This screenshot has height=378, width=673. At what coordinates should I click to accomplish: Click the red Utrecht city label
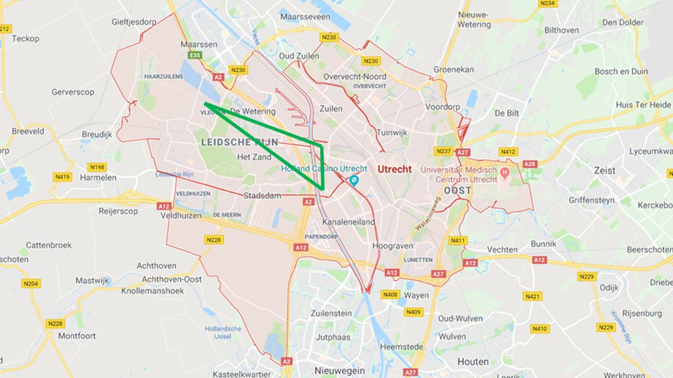394,169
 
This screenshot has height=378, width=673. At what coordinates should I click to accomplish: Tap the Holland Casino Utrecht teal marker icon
355,180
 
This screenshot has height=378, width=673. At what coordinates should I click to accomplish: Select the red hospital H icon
504,173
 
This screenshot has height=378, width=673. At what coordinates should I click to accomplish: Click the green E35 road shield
195,55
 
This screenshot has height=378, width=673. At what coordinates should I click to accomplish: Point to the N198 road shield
96,167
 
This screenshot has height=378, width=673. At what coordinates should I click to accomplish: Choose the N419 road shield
63,177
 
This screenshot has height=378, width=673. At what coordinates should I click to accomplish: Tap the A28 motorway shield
530,164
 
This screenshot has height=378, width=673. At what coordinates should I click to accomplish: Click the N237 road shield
443,151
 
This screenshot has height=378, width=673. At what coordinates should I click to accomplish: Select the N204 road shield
30,283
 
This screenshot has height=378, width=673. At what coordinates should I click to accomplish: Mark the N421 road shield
532,296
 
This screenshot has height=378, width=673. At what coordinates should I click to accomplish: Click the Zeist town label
605,171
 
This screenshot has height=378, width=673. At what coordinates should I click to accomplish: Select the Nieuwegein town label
340,371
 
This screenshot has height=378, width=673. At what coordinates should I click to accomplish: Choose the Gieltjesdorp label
134,21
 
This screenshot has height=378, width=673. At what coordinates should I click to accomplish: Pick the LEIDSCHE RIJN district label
240,142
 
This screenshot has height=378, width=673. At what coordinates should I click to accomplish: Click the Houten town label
472,362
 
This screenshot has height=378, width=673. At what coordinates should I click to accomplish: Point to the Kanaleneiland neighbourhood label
349,222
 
